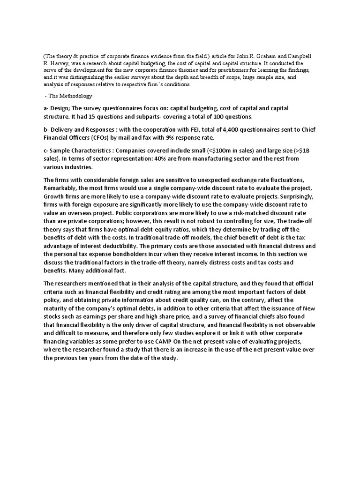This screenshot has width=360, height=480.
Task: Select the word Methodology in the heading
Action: (76, 96)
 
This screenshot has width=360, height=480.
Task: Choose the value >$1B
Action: (314, 151)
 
